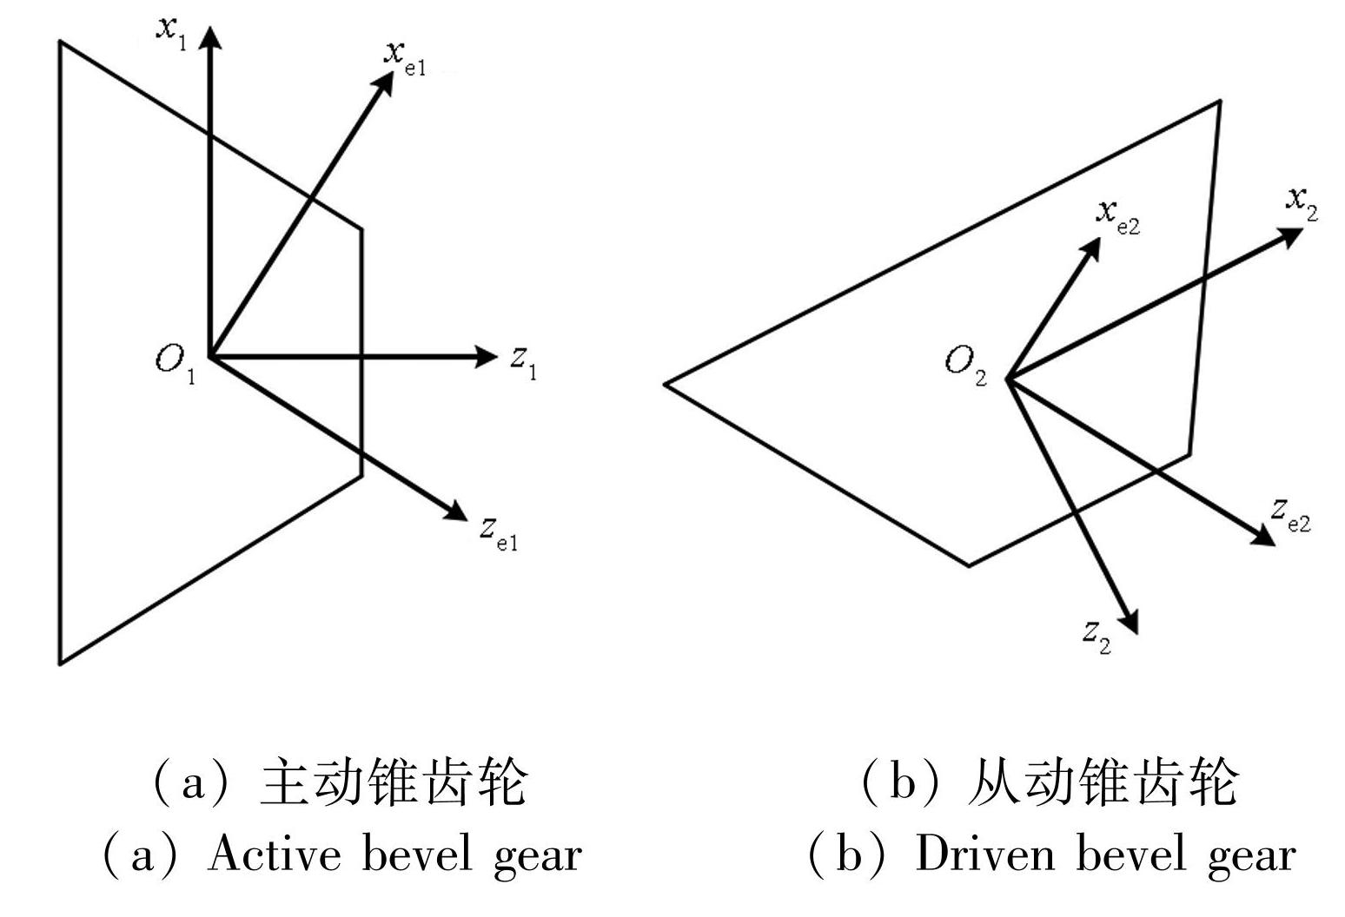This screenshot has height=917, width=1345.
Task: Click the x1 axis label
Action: click(x=171, y=30)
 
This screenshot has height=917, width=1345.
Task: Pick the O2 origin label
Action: click(x=965, y=363)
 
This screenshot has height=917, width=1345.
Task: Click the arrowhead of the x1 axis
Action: click(x=209, y=36)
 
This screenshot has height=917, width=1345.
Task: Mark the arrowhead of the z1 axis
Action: click(x=486, y=356)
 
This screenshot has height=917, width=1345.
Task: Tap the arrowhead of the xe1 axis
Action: click(x=384, y=80)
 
